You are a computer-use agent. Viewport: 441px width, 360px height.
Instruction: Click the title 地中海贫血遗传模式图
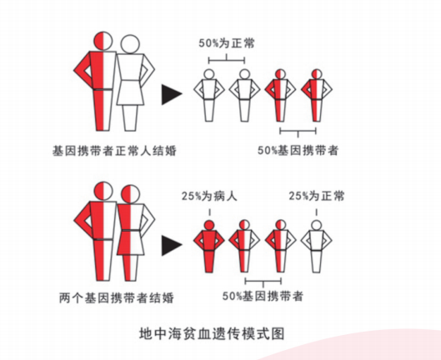tap(212, 333)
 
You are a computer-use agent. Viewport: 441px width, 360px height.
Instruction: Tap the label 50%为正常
tap(227, 43)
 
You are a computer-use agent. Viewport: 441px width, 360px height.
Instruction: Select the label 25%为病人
tap(209, 196)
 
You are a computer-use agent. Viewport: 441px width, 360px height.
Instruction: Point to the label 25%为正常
tap(317, 196)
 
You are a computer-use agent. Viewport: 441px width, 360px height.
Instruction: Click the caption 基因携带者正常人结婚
tap(114, 151)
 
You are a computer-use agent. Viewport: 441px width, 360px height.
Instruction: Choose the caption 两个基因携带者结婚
tap(117, 297)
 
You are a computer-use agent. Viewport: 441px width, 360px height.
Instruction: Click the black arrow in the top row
tap(172, 94)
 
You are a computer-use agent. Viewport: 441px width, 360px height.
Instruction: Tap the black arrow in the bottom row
tap(172, 245)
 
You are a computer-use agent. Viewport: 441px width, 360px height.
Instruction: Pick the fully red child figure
tap(209, 247)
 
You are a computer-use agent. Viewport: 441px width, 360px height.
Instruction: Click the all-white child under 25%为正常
tap(317, 247)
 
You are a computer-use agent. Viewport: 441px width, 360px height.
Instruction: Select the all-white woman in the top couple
tap(133, 83)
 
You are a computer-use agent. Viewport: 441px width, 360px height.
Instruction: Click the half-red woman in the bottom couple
tap(133, 232)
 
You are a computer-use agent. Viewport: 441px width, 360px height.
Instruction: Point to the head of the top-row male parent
tap(103, 41)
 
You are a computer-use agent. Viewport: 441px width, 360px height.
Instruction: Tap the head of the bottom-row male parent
tap(103, 191)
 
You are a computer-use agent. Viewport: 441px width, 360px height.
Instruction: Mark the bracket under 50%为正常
tap(227, 60)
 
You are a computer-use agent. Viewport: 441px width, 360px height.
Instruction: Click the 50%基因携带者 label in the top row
tap(298, 151)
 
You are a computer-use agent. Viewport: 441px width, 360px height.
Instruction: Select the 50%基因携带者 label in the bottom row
tap(263, 296)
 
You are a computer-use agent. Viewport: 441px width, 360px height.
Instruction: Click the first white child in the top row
tap(209, 96)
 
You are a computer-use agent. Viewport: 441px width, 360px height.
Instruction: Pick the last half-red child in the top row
tap(317, 96)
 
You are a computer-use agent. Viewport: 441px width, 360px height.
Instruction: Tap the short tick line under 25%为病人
tap(209, 212)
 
